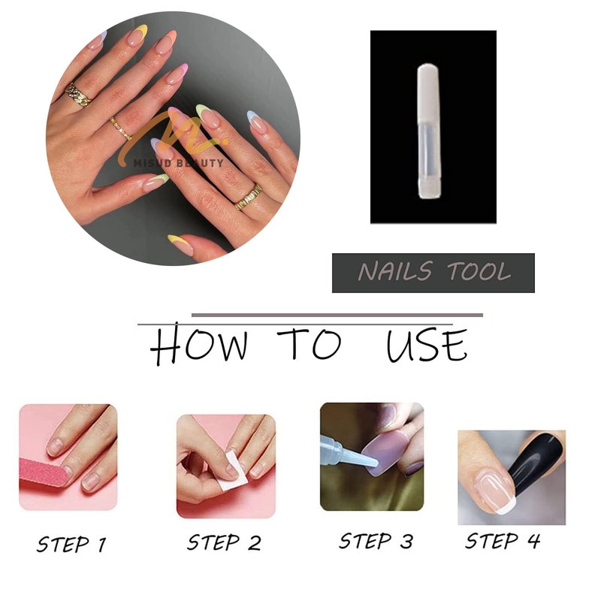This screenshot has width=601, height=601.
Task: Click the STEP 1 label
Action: coord(71,544)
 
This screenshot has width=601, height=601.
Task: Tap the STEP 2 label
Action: coord(224,542)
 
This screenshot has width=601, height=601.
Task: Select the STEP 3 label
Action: coord(376,541)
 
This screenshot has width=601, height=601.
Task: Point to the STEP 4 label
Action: coord(503,541)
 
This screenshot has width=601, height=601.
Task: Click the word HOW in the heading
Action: coord(198,344)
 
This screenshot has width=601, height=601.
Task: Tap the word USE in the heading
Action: coord(427,346)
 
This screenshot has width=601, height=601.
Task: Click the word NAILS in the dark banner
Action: coord(396,271)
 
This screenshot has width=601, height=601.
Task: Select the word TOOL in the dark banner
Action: coord(479,271)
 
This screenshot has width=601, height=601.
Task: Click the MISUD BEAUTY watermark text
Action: coord(178,163)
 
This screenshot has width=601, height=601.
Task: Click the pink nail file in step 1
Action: coord(44,473)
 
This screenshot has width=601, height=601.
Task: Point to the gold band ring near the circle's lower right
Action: coord(249,197)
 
